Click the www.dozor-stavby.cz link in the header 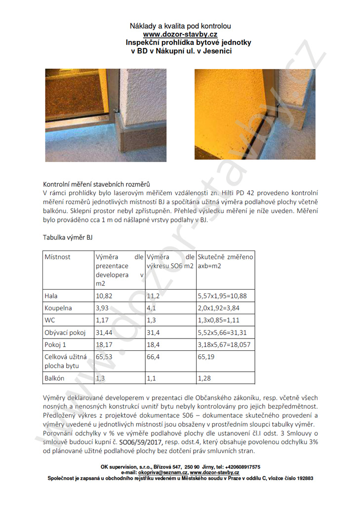(180, 34)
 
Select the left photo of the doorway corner (106, 115)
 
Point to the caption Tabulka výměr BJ (68, 237)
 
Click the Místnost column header (58, 257)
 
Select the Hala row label (51, 296)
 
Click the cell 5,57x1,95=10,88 (222, 296)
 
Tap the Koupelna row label (58, 308)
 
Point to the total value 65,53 (105, 356)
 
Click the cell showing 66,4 (154, 356)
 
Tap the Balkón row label (55, 378)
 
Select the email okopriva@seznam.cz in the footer (160, 472)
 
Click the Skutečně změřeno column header (225, 257)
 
